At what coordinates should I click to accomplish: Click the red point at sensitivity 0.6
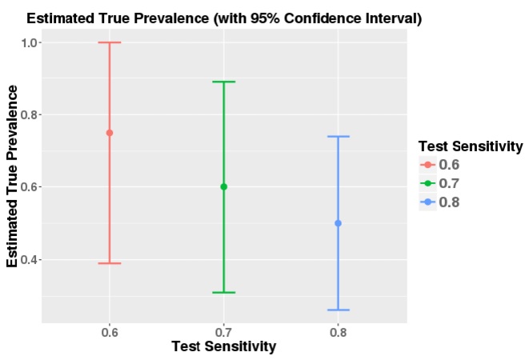[x=110, y=133]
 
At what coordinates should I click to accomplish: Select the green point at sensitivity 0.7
[x=223, y=186]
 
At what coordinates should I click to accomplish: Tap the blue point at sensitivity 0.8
[x=338, y=223]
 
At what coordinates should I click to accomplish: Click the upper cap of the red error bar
[x=110, y=42]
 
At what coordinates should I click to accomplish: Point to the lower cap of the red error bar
[x=110, y=263]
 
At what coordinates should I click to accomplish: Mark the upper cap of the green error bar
[x=223, y=82]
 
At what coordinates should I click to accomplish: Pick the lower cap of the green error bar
[x=223, y=292]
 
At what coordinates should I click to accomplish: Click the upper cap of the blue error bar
[x=338, y=137]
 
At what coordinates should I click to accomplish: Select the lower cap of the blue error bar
[x=338, y=310]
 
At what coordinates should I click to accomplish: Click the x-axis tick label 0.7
[x=223, y=332]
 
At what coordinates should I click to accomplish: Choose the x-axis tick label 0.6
[x=110, y=332]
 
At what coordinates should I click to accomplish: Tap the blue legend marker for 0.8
[x=428, y=202]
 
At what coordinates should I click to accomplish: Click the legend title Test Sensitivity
[x=471, y=146]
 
